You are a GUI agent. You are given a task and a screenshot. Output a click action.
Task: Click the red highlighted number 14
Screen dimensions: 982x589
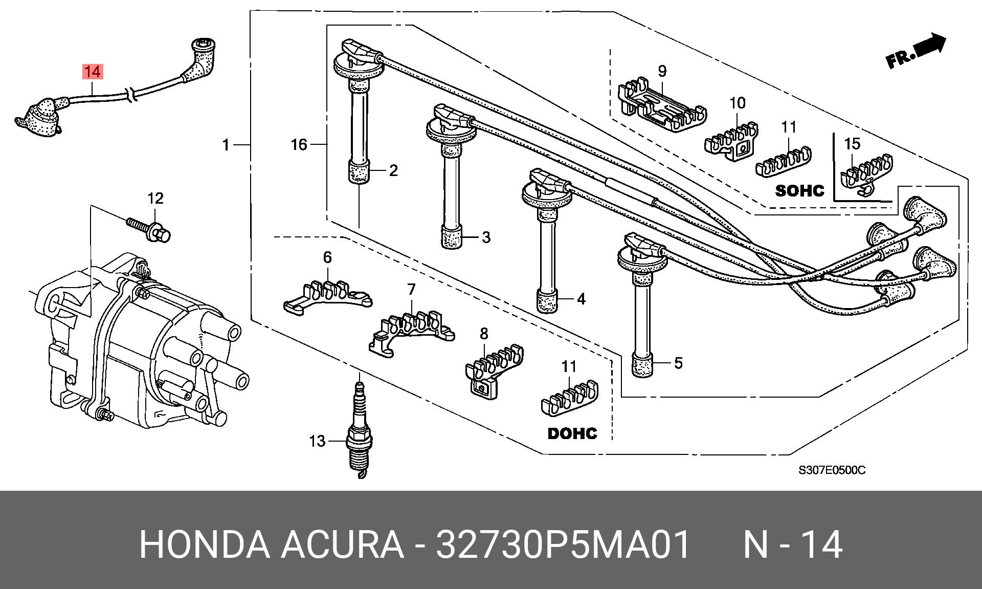point(93,72)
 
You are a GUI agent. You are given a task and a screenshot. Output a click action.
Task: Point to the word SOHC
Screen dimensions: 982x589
point(800,191)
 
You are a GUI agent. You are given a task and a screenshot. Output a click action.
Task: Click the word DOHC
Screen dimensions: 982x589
point(572,433)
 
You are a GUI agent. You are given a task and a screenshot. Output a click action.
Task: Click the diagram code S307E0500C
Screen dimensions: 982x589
point(832,470)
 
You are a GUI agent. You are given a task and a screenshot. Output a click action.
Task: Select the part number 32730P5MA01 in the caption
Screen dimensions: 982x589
point(563,545)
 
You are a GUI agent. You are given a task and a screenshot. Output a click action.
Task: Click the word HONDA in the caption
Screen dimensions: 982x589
point(205,545)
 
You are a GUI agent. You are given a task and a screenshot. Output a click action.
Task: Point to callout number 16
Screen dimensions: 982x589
point(299,145)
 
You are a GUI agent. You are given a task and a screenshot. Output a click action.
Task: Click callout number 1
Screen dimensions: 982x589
point(226,145)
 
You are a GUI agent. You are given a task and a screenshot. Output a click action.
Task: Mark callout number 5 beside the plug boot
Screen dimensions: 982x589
point(678,363)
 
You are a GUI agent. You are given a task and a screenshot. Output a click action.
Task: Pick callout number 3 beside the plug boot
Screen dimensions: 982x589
point(486,237)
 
